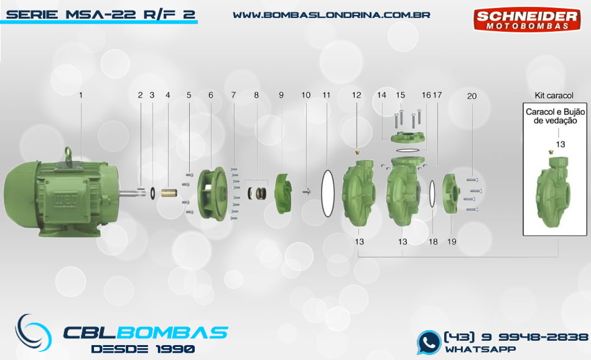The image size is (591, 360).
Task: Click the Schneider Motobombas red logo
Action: tap(527, 19)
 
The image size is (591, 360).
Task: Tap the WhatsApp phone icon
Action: tap(429, 343)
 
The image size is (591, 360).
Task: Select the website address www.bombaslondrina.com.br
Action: tap(332, 15)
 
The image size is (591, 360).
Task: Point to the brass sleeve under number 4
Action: tap(169, 193)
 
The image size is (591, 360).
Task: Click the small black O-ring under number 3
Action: tap(152, 193)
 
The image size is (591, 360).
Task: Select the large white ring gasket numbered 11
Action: tap(327, 193)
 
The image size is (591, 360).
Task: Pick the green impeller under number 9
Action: tap(284, 193)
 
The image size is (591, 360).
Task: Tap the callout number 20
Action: tap(472, 96)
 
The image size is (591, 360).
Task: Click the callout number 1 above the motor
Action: tap(80, 95)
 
